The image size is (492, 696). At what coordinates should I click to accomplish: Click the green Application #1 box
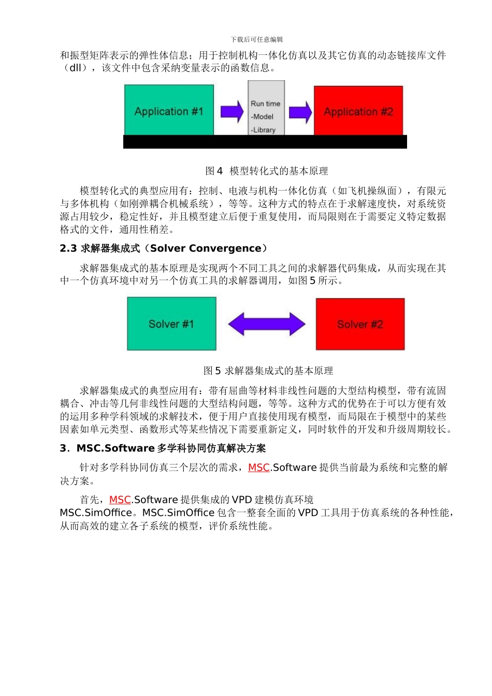point(169,110)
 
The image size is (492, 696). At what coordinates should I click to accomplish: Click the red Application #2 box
point(358,111)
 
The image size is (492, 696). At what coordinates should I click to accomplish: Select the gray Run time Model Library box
point(266,108)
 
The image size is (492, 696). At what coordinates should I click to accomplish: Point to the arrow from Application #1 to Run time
point(231,111)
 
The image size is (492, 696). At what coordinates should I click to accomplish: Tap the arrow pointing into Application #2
point(300,112)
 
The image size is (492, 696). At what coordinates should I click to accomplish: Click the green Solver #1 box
point(171,324)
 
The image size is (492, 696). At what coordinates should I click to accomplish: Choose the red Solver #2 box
point(360,324)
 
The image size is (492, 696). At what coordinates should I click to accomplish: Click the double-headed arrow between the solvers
point(267,324)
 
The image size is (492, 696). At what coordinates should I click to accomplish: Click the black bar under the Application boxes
point(265,142)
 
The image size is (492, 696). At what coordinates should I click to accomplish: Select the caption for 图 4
point(267,171)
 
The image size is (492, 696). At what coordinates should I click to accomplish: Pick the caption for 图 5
point(268,371)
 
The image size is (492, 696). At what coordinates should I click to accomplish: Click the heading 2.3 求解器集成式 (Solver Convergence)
point(164,249)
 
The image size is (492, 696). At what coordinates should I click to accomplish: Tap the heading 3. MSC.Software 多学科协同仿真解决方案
point(163,448)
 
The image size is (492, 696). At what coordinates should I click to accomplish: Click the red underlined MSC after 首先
point(120,500)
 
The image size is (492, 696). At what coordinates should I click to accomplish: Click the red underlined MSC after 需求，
point(258,468)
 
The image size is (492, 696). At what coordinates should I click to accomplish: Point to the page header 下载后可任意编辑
point(257,39)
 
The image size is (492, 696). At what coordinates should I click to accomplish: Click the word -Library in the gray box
point(263,130)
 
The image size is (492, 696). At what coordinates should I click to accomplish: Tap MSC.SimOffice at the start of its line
point(96,513)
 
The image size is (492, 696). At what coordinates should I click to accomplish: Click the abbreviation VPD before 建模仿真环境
point(241,500)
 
